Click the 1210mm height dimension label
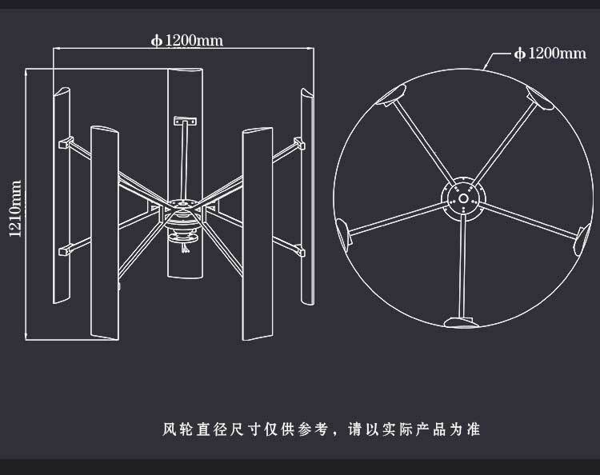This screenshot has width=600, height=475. click(15, 209)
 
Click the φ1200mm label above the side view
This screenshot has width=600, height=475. click(186, 40)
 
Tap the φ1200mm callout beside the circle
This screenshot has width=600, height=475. click(550, 53)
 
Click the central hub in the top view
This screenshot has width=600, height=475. click(463, 199)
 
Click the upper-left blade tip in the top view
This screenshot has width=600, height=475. click(391, 94)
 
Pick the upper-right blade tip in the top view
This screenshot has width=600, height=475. click(539, 98)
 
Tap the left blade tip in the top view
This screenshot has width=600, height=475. click(342, 234)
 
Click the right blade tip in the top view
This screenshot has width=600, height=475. click(582, 240)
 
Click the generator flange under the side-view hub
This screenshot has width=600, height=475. click(183, 237)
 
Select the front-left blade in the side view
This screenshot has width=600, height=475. click(105, 233)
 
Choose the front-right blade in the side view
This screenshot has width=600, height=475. click(258, 234)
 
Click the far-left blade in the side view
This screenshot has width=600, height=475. click(62, 195)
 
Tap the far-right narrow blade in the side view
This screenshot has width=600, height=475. click(307, 196)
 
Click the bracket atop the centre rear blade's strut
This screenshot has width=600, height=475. click(186, 122)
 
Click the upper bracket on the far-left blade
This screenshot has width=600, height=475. click(66, 142)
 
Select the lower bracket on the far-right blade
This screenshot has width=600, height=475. click(300, 250)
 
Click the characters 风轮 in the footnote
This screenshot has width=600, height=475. click(177, 429)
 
